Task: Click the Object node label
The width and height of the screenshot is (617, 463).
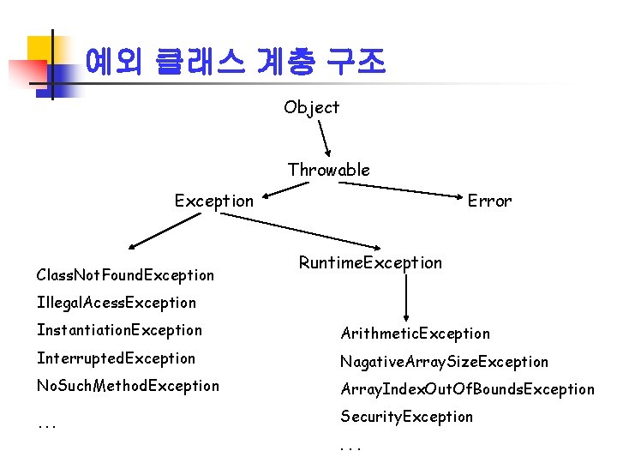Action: [x=312, y=107]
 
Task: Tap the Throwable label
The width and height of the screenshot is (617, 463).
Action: [x=329, y=170]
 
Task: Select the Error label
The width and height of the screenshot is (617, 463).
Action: [x=489, y=201]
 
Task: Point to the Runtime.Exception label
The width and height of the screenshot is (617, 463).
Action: [x=370, y=262]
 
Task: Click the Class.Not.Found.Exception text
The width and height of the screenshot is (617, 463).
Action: [x=125, y=275]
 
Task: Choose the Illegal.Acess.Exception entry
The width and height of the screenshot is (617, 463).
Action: [x=117, y=303]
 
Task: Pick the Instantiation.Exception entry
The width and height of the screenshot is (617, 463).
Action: [x=119, y=330]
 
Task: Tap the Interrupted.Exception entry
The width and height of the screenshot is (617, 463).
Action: [x=116, y=358]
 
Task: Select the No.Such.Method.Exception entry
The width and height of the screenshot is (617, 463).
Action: [x=128, y=386]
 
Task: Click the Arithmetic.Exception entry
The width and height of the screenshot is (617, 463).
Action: [x=415, y=334]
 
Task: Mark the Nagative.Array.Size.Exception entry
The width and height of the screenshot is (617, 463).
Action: [x=444, y=362]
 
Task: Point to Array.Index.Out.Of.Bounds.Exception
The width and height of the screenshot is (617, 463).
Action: [x=467, y=389]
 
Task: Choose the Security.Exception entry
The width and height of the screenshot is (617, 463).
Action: [x=406, y=417]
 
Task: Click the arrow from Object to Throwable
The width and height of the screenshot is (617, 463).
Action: [x=325, y=137]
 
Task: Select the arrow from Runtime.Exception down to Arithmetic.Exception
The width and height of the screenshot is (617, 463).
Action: [x=405, y=297]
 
